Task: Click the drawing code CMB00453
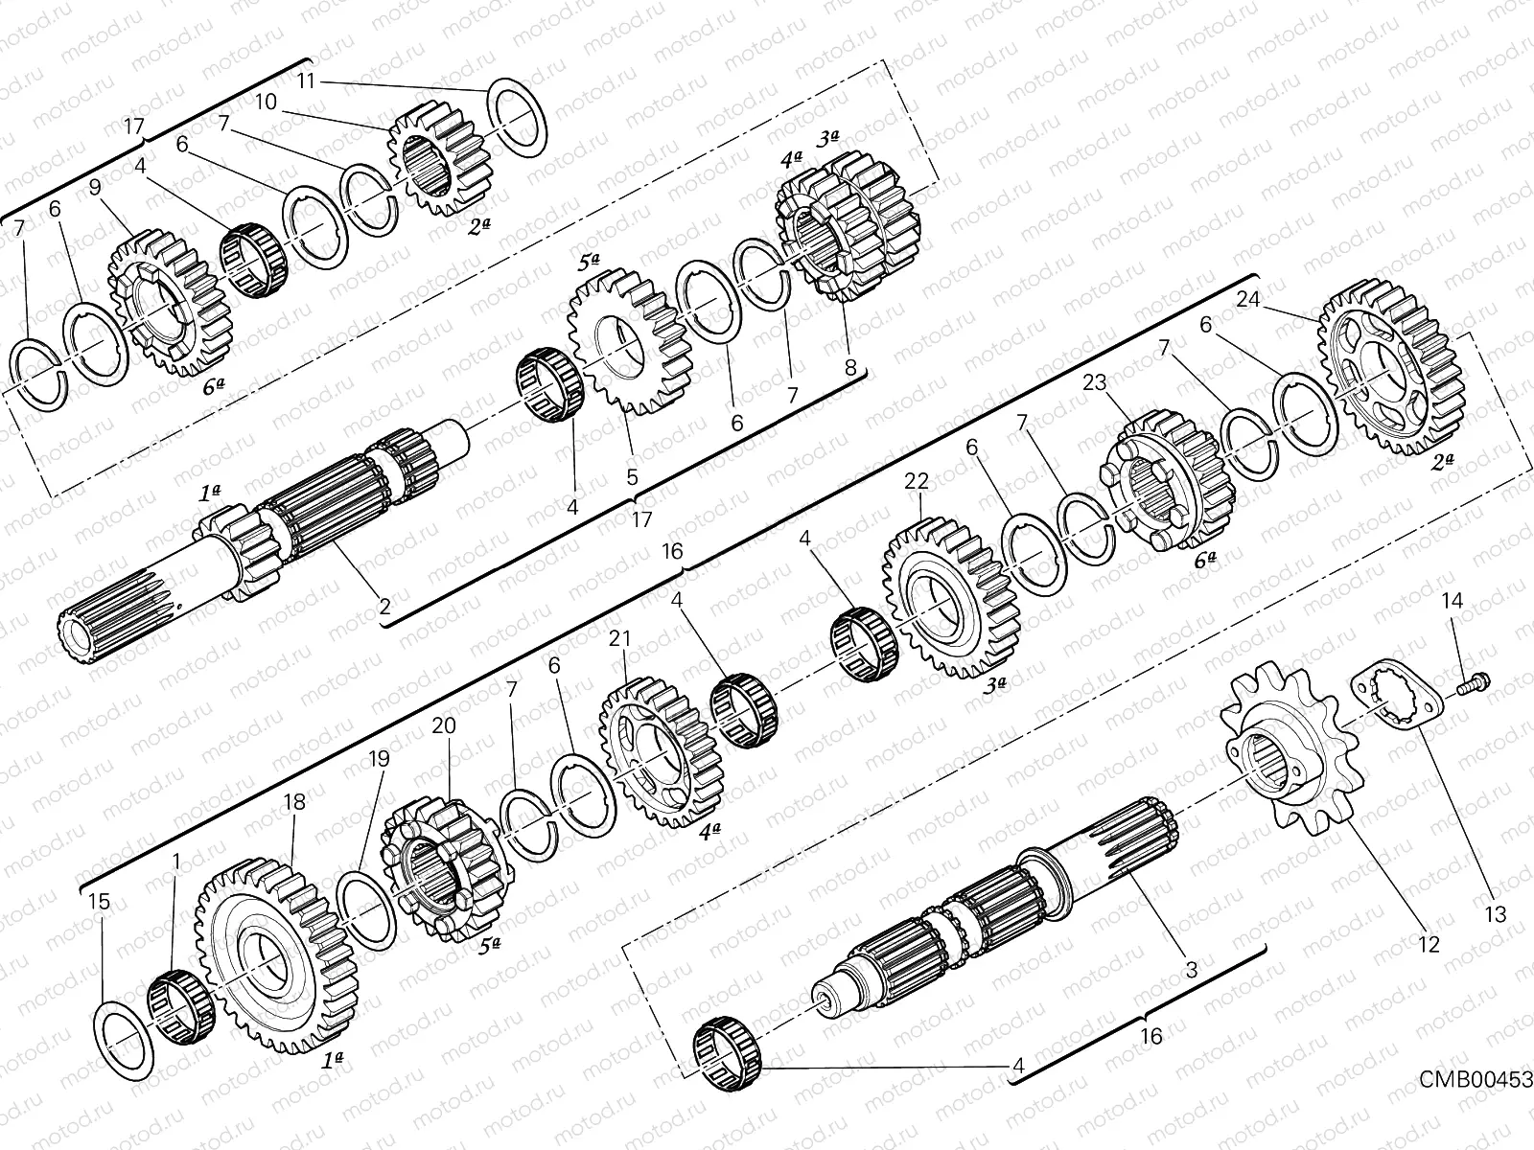click(1476, 1079)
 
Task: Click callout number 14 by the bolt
click(1453, 601)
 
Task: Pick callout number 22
click(917, 481)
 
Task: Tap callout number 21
click(620, 637)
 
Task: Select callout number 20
click(443, 726)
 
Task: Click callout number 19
click(379, 759)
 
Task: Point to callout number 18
click(293, 802)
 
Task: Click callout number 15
click(99, 902)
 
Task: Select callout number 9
click(95, 189)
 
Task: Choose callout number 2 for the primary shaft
click(384, 606)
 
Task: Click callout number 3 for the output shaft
click(1191, 970)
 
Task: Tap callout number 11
click(306, 80)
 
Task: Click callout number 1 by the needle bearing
click(175, 862)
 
